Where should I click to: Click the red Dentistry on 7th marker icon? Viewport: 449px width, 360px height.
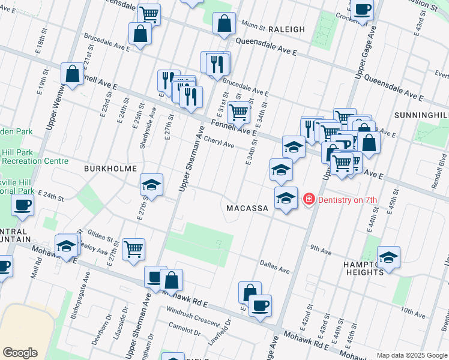pyautogui.click(x=309, y=199)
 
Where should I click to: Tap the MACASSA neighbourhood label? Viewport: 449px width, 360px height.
pyautogui.click(x=247, y=208)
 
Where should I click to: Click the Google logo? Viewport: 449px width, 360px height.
pyautogui.click(x=20, y=353)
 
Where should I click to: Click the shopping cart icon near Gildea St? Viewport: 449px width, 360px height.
pyautogui.click(x=133, y=248)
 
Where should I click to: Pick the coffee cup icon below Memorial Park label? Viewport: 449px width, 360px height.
pyautogui.click(x=23, y=205)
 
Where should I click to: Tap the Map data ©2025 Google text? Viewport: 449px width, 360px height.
pyautogui.click(x=412, y=355)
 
